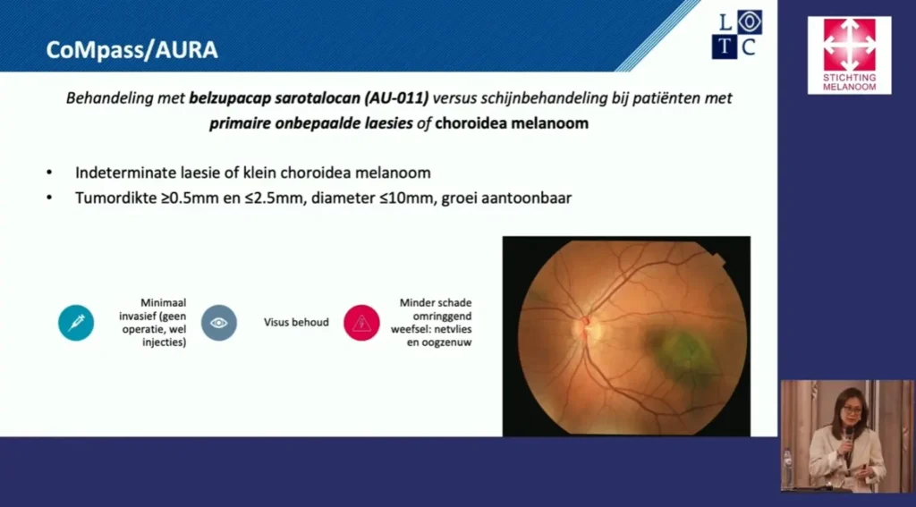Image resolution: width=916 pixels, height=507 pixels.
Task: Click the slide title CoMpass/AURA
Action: [x=132, y=50]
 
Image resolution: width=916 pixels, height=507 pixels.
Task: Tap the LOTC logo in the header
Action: [x=737, y=35]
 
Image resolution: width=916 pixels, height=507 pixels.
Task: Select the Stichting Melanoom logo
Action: [x=850, y=55]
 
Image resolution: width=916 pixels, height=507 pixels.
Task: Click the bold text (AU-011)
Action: [x=396, y=98]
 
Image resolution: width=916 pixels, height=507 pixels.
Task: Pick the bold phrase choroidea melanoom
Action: [x=512, y=123]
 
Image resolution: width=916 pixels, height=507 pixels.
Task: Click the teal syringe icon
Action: [x=76, y=323]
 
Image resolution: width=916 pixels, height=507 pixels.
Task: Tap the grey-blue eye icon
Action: [x=219, y=323]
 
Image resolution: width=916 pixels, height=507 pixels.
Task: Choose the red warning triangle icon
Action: [x=361, y=323]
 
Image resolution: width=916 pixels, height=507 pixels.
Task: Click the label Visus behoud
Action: [x=296, y=323]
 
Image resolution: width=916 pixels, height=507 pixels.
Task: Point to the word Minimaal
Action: [x=163, y=303]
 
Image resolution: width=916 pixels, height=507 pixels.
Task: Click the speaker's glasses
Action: [x=852, y=410]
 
